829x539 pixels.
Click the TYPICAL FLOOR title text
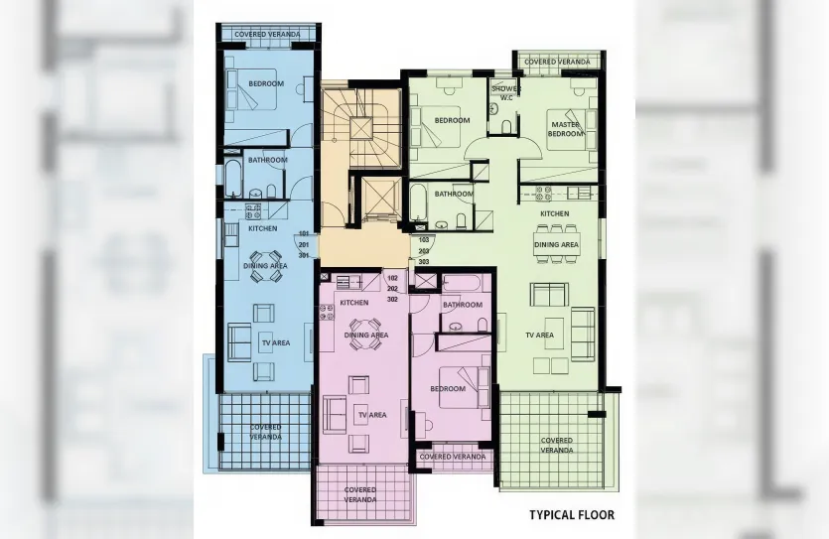click(x=571, y=515)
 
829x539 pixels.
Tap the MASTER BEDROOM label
click(x=565, y=129)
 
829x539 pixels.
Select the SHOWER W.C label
click(x=506, y=92)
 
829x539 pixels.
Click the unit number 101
click(x=303, y=233)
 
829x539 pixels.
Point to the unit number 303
click(x=424, y=262)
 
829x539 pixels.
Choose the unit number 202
click(x=392, y=288)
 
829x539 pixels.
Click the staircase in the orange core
click(x=361, y=124)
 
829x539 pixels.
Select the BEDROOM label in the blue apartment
click(x=266, y=83)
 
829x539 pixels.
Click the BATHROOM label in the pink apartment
click(x=462, y=305)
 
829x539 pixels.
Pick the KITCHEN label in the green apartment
click(x=554, y=213)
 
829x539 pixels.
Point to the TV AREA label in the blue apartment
click(x=275, y=342)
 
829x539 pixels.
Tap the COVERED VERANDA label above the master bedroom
click(x=556, y=62)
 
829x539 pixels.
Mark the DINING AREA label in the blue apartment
click(x=265, y=266)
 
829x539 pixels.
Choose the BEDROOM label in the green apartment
click(x=452, y=120)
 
